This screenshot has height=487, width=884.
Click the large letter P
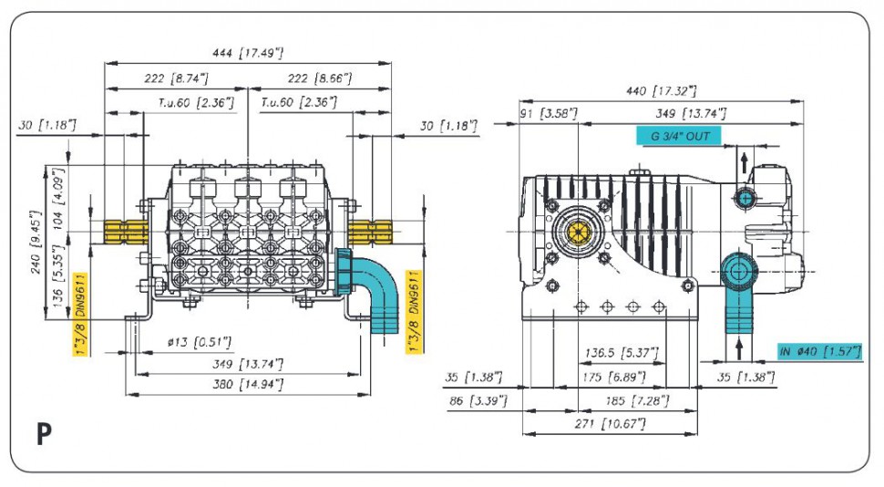coord(44,435)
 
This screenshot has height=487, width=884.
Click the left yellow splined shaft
coord(125,233)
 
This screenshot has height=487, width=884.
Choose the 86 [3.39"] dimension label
coord(480,400)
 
